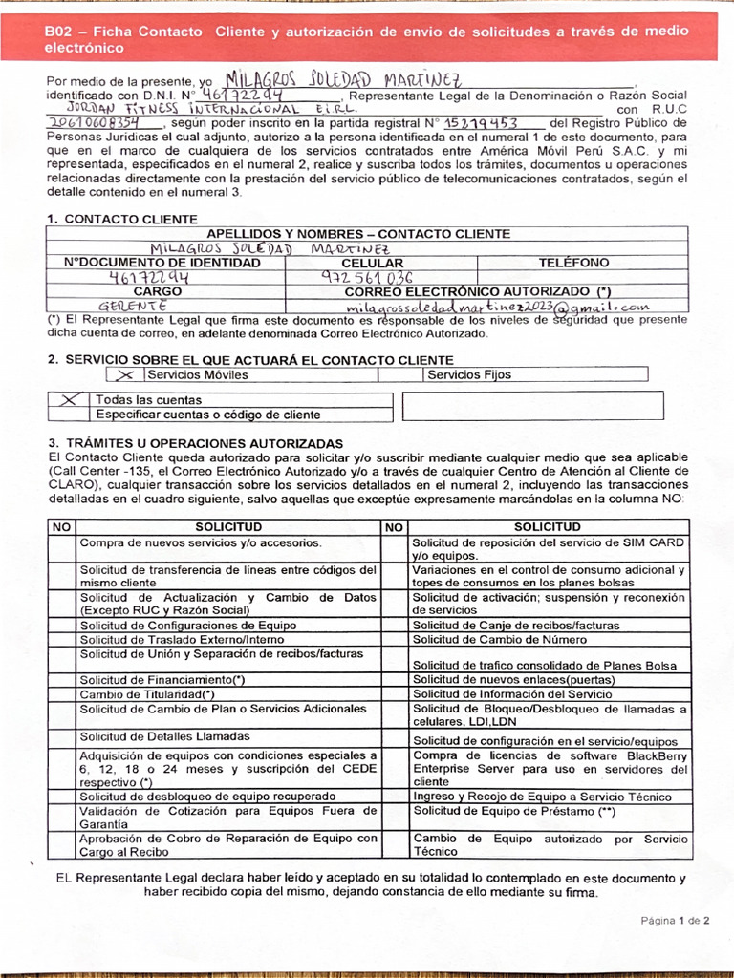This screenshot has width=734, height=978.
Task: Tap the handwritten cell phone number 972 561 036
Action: click(x=368, y=278)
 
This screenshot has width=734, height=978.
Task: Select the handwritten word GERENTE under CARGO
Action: click(x=134, y=307)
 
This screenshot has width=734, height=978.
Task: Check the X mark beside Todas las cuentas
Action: click(x=68, y=400)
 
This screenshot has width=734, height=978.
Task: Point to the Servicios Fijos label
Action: click(x=469, y=375)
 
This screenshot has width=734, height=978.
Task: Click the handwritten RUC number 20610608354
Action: click(x=92, y=123)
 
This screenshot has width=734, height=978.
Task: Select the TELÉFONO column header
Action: click(x=573, y=263)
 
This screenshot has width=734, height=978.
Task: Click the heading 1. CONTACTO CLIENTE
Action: click(x=122, y=219)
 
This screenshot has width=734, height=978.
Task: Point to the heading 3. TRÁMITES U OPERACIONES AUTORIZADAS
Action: click(x=195, y=444)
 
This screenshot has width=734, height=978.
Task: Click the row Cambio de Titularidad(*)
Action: click(x=147, y=694)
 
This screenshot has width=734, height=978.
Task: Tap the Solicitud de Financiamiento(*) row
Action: click(x=162, y=679)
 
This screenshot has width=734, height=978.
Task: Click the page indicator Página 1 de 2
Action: click(x=675, y=921)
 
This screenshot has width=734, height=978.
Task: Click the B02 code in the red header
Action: click(x=60, y=32)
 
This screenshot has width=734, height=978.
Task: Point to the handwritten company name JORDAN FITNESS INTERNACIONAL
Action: click(x=202, y=109)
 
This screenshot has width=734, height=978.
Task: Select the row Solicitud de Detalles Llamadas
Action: click(x=164, y=736)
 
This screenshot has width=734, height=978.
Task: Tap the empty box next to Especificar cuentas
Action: click(x=532, y=406)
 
